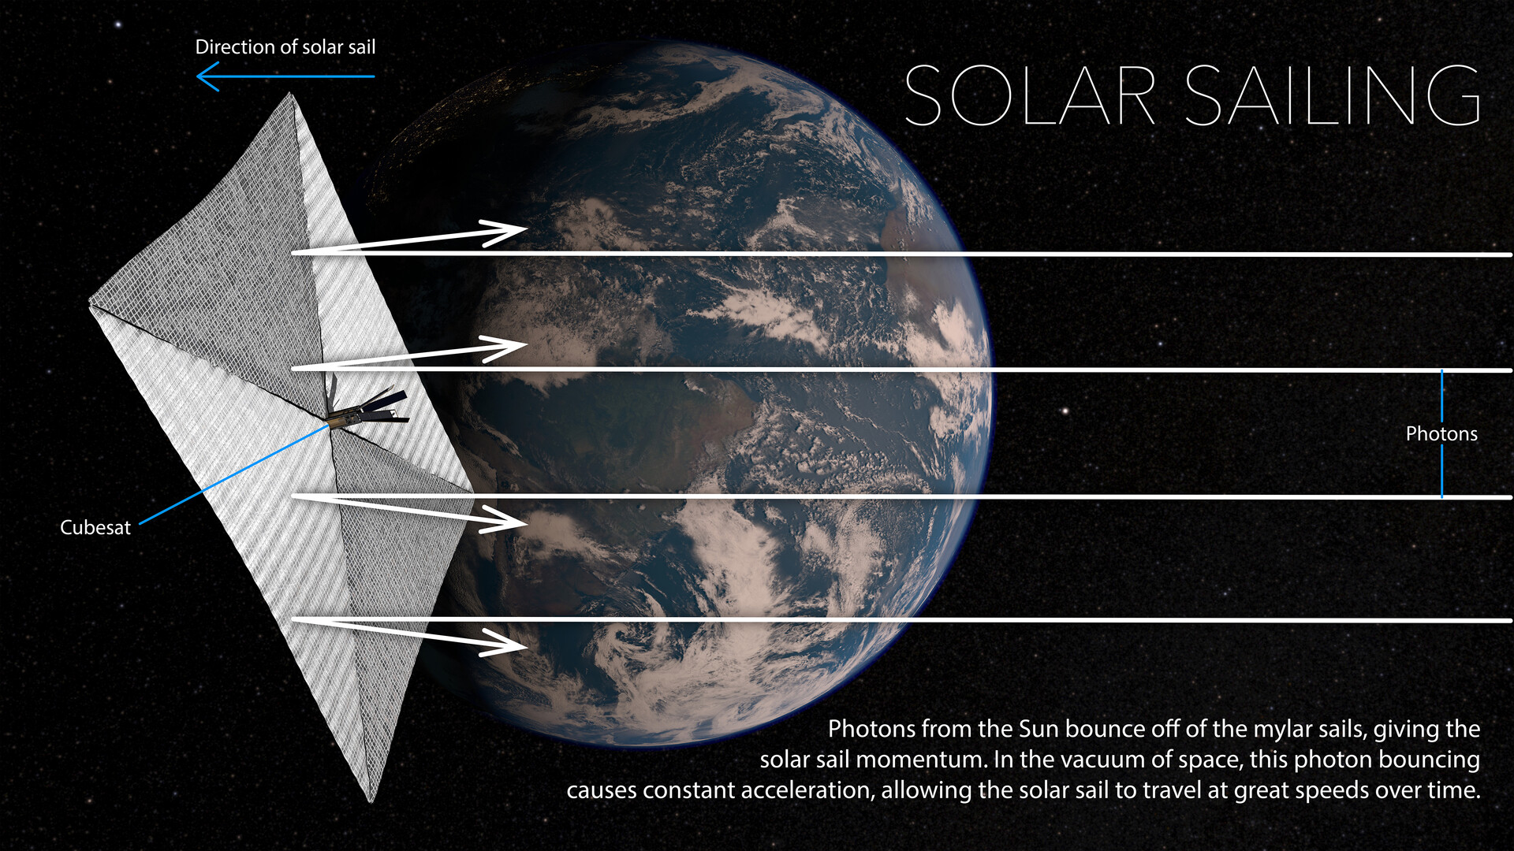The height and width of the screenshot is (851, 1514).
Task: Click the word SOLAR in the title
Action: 1030,95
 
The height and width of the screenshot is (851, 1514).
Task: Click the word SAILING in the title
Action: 1333,95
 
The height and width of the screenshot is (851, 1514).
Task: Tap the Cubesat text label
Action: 95,527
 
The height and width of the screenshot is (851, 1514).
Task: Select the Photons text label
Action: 1441,433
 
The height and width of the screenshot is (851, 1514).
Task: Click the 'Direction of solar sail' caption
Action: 285,47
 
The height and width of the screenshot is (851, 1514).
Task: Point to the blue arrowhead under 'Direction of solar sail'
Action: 208,76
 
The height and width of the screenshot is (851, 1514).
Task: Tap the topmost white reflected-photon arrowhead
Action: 505,233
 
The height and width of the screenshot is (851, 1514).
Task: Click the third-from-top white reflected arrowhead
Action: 505,519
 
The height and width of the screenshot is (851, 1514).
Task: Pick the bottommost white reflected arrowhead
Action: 505,642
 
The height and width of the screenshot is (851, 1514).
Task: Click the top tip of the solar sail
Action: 290,94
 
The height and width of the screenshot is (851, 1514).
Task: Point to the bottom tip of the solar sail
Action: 371,801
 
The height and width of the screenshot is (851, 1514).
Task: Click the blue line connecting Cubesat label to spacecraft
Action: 234,474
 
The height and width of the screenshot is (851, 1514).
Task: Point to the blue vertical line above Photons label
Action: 1441,396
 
